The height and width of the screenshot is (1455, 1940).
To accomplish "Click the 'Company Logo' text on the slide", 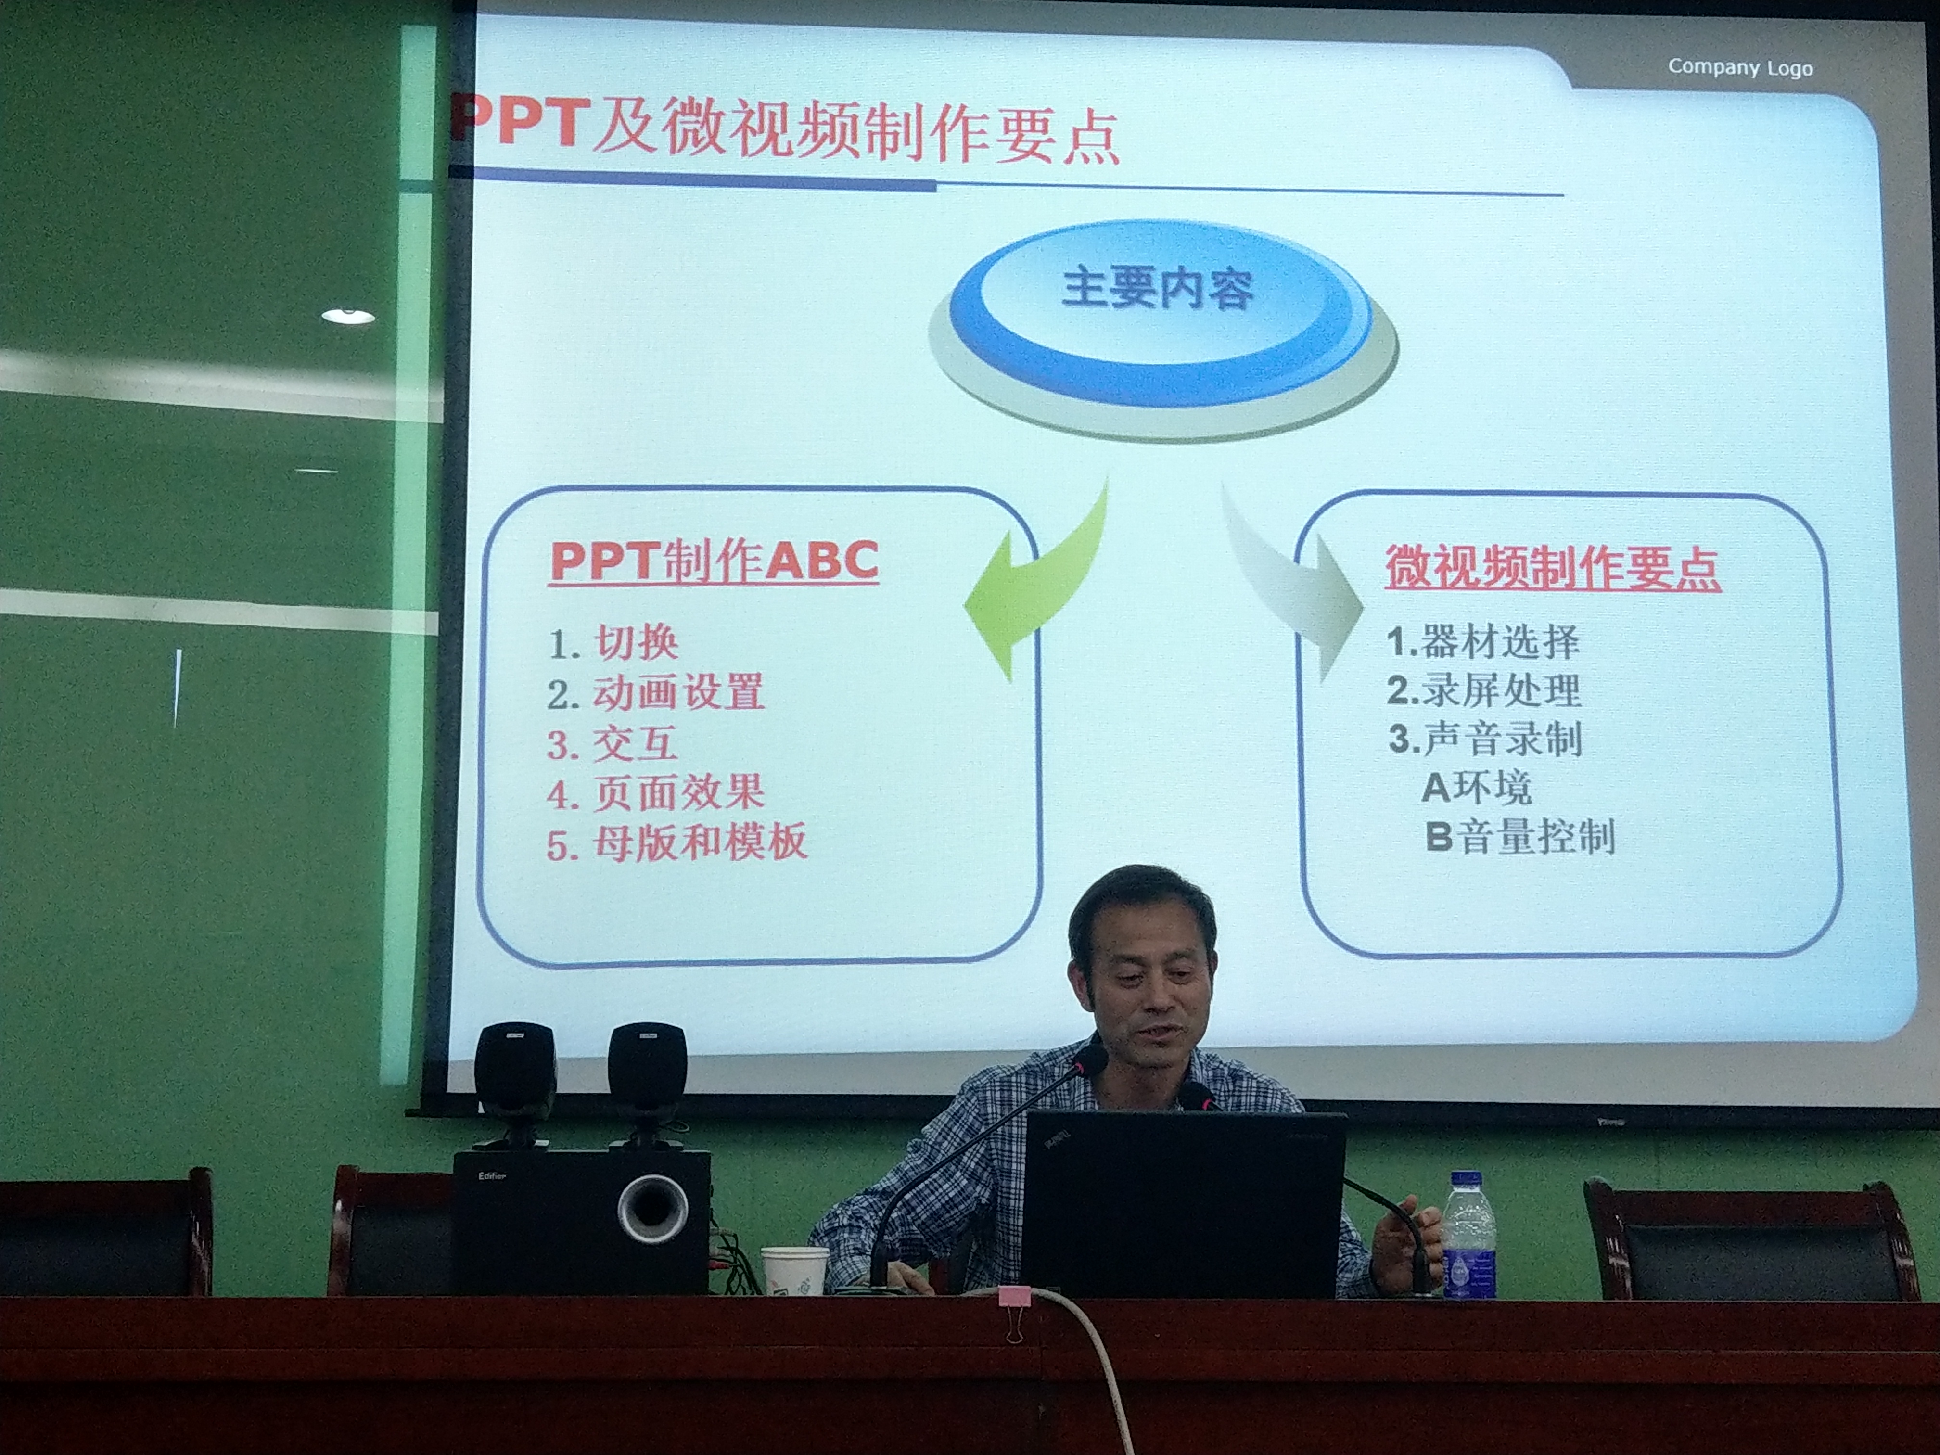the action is pyautogui.click(x=1740, y=67).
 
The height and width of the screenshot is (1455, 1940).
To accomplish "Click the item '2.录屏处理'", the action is pyautogui.click(x=1484, y=690).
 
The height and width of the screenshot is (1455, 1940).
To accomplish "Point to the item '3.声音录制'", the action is pyautogui.click(x=1485, y=739).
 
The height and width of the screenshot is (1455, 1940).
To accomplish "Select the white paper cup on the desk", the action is pyautogui.click(x=794, y=1270).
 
